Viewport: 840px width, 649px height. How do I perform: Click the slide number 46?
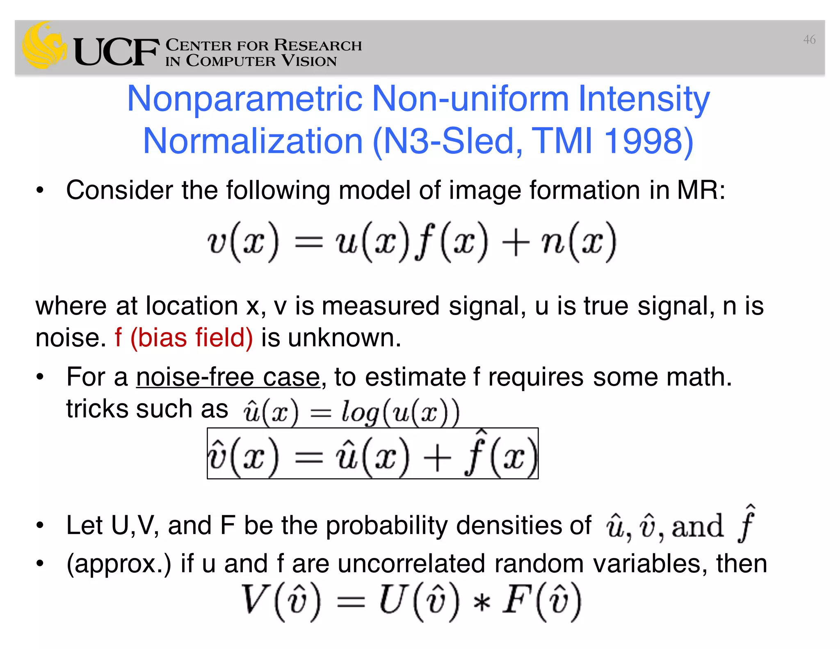(x=809, y=40)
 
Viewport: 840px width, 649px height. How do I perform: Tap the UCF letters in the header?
(x=116, y=53)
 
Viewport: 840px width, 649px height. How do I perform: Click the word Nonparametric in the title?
(x=245, y=99)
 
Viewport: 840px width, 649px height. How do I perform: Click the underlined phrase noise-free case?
(x=228, y=377)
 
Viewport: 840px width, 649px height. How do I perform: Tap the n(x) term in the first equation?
(x=578, y=242)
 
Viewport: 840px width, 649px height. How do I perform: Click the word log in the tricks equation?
(x=360, y=412)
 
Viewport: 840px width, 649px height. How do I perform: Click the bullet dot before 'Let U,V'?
(x=40, y=526)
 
